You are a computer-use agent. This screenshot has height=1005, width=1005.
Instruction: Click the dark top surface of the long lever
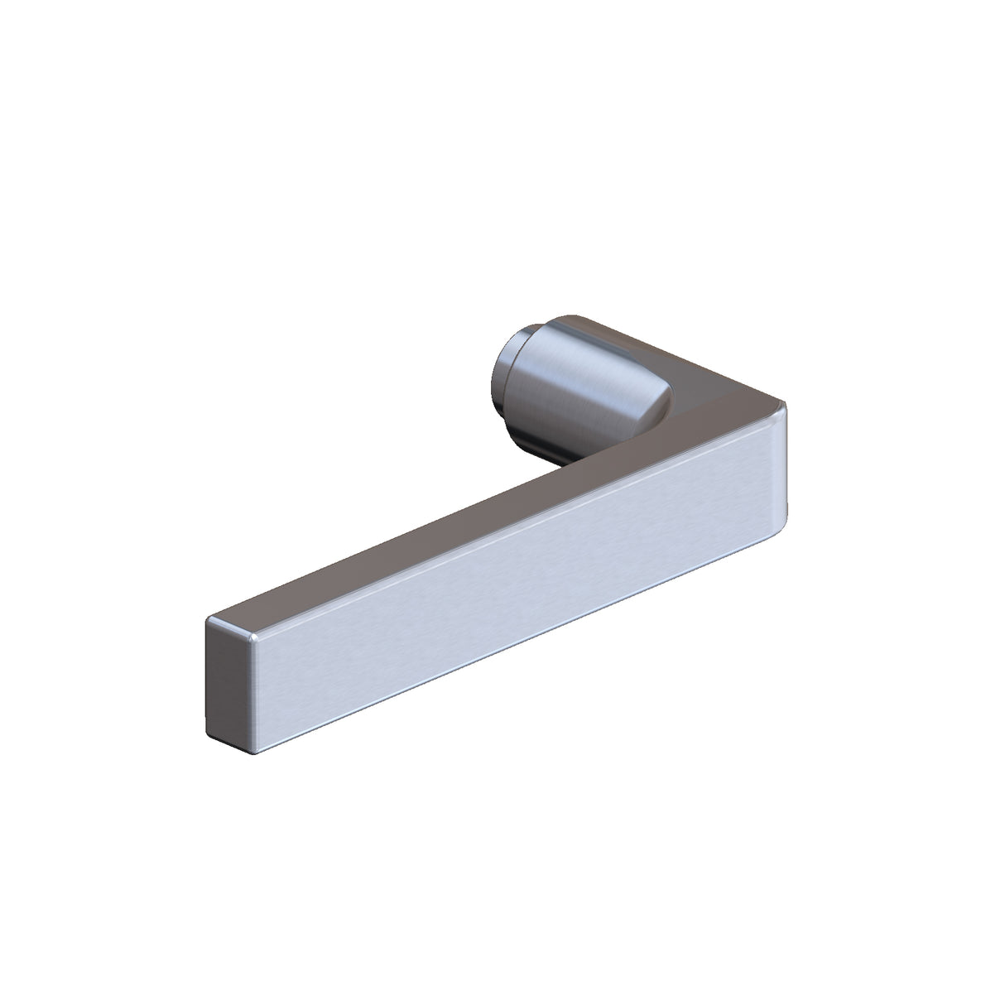414,546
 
